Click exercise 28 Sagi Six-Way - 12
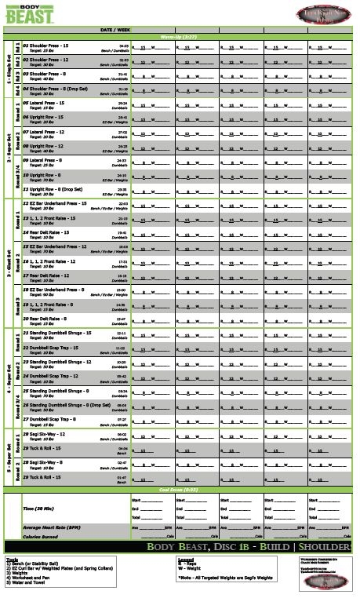(x=52, y=433)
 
